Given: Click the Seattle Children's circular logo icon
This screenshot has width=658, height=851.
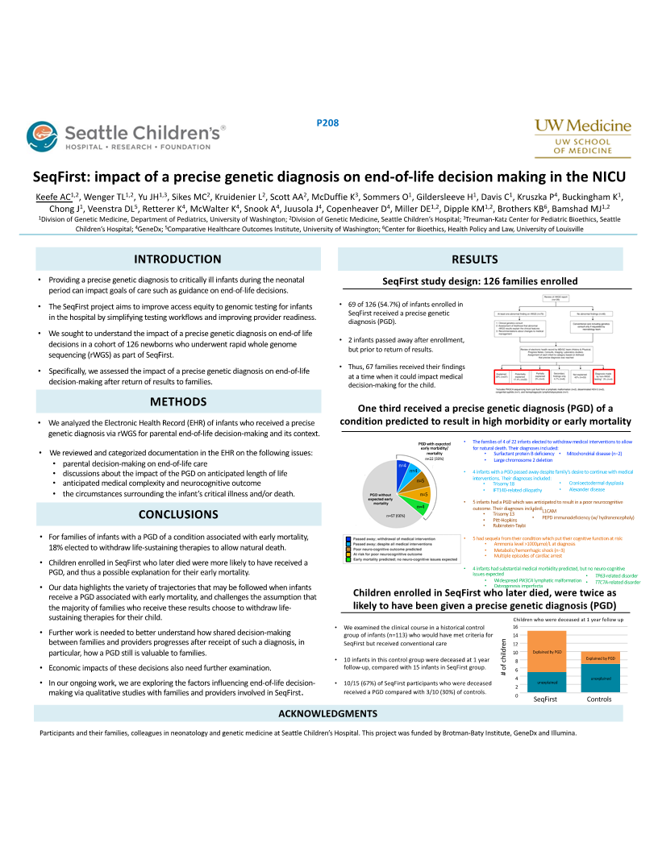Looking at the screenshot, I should click(x=42, y=135).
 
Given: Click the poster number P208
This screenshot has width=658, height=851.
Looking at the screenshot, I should click(x=327, y=122).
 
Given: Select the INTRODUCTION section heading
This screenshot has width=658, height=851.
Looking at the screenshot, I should click(x=177, y=259).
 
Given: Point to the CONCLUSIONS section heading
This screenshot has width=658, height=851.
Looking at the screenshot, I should click(x=177, y=514).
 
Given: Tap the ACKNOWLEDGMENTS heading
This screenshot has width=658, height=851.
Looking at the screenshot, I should click(x=328, y=714).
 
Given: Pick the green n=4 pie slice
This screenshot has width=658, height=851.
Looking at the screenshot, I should click(x=420, y=505).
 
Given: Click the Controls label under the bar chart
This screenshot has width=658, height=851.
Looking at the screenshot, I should click(x=599, y=699).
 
